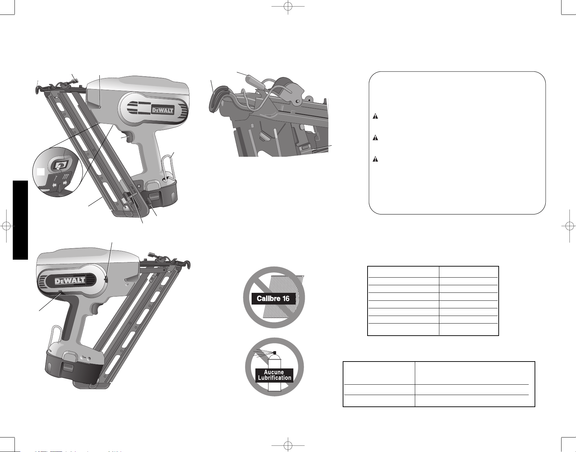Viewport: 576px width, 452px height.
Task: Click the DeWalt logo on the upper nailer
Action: (163, 110)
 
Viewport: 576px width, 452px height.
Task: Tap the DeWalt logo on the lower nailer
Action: (70, 281)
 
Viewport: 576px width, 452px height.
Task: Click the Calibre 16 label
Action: (273, 298)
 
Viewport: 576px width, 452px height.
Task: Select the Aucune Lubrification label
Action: (274, 375)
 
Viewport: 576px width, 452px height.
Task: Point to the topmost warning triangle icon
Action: (375, 116)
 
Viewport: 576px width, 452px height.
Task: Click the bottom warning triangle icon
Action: (375, 159)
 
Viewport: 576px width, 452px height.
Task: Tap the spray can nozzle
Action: (275, 353)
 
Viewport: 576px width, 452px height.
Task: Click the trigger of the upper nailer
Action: (128, 137)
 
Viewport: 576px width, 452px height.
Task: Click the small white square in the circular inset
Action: (41, 171)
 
